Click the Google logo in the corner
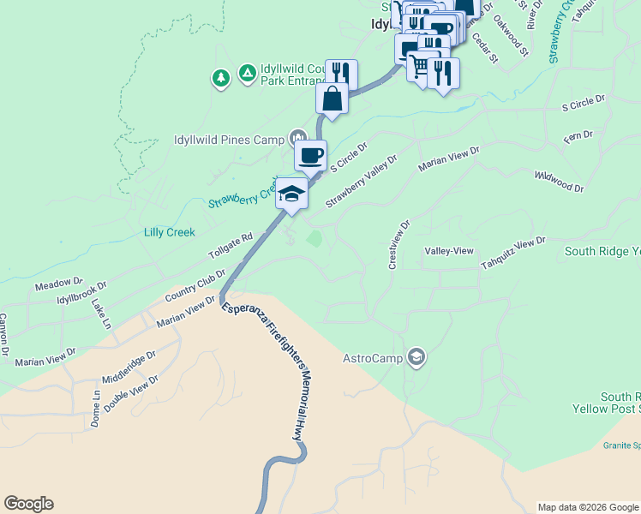(28, 504)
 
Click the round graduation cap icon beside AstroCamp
(416, 357)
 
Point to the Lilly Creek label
(169, 232)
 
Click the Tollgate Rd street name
(231, 247)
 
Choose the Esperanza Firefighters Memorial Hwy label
(265, 370)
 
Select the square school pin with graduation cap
(291, 193)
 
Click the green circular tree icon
(221, 79)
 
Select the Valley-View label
(449, 250)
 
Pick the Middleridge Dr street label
(129, 366)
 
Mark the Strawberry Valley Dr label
(362, 180)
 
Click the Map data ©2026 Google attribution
(588, 507)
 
